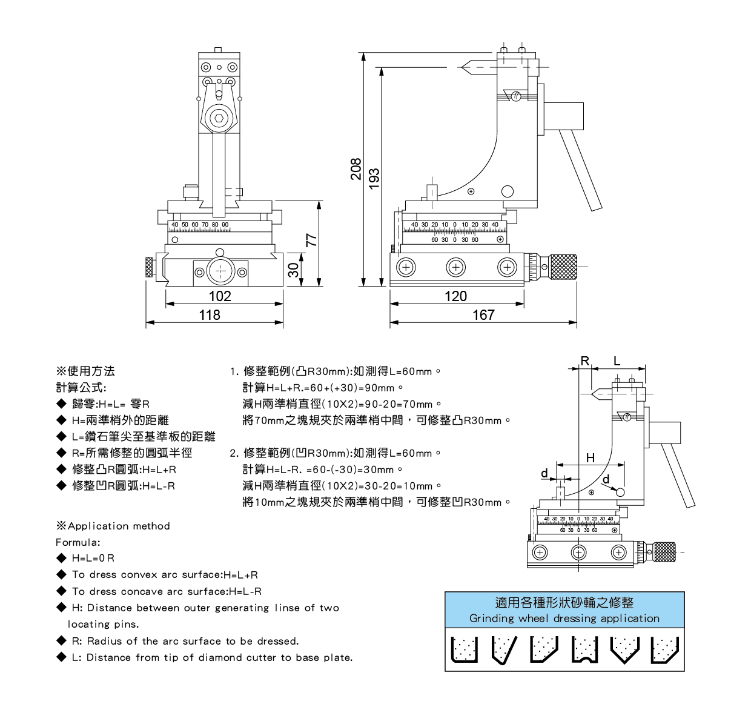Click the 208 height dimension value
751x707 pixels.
point(356,169)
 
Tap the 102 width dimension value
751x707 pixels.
point(220,296)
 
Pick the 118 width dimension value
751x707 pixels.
point(210,315)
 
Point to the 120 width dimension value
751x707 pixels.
point(455,296)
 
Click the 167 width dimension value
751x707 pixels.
point(483,315)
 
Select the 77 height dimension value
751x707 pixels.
point(311,240)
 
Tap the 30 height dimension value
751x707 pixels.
point(294,270)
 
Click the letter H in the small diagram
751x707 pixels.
point(591,458)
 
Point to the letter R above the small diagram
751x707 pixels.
point(584,361)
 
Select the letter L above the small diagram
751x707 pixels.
point(617,361)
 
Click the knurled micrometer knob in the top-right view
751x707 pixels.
point(563,267)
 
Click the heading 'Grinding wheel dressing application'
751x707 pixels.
point(564,619)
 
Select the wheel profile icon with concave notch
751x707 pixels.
point(585,649)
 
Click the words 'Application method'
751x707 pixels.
point(119,526)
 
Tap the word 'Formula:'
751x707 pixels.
point(78,542)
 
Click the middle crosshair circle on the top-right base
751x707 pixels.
point(455,267)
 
